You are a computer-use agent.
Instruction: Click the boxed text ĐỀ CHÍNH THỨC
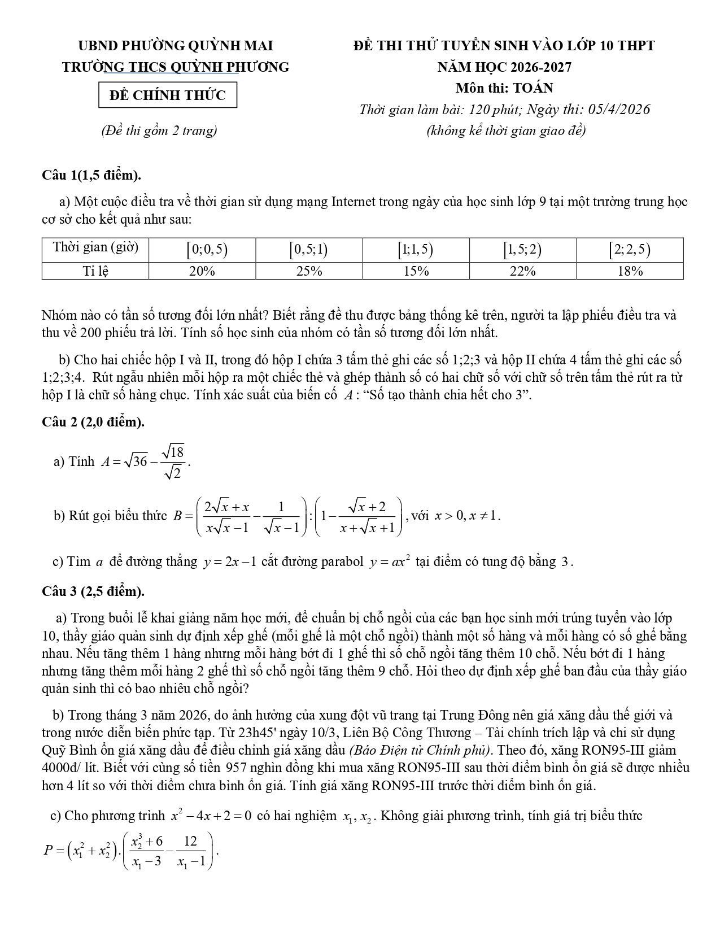168,95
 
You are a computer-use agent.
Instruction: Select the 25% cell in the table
309,271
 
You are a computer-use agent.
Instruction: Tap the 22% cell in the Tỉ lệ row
522,271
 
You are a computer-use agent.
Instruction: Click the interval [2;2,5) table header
630,249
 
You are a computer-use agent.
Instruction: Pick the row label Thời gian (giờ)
95,247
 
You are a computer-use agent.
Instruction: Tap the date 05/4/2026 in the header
618,109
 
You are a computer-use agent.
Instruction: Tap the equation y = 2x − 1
230,562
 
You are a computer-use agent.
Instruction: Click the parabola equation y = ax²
390,562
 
